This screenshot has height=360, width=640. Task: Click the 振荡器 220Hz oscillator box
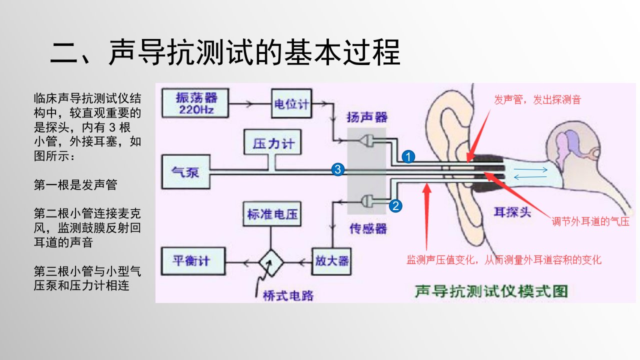coord(195,103)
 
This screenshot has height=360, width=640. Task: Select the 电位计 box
coord(291,103)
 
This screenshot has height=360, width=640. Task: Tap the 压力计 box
coord(273,142)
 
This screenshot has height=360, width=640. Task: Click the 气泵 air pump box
coord(185,171)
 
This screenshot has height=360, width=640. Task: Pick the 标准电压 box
coord(272,214)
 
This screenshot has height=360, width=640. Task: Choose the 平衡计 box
coord(193,261)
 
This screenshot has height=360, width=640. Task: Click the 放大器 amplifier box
coord(331,261)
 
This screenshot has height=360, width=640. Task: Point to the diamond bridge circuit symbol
coord(271,262)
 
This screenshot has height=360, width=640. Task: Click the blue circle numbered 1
coord(408,156)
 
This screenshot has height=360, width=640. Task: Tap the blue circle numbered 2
coord(395,205)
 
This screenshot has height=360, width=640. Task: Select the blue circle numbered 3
coord(337,169)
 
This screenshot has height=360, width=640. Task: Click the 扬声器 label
coord(367,117)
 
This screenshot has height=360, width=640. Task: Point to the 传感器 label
coord(368,228)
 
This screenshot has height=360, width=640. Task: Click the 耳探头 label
coord(512,212)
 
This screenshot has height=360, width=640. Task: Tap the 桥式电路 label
coord(288,295)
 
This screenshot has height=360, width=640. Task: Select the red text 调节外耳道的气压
coord(590,221)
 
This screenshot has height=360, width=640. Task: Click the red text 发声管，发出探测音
coord(537,99)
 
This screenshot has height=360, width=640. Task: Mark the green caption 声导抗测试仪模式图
coord(491,291)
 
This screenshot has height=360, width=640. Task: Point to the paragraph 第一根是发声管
coord(75,185)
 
